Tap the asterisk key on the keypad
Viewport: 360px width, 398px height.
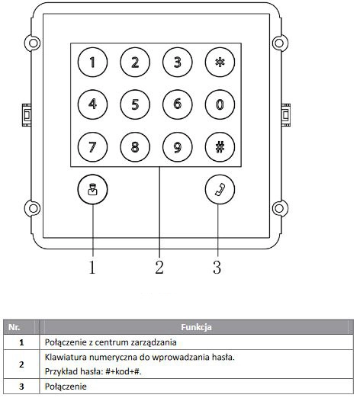(220, 62)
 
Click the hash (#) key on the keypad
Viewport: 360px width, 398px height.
(220, 147)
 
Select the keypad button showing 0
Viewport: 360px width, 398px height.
(220, 104)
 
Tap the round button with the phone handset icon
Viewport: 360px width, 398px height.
(220, 189)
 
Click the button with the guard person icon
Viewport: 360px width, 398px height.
(92, 189)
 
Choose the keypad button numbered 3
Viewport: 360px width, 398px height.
(178, 62)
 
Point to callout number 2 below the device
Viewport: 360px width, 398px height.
(159, 267)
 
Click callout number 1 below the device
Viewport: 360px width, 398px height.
(92, 267)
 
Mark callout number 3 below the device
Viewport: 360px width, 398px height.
(217, 267)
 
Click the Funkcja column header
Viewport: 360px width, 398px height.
(196, 327)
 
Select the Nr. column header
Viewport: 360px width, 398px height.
(14, 327)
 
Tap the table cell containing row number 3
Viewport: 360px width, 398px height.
(21, 387)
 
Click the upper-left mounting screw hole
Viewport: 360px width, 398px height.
(33, 43)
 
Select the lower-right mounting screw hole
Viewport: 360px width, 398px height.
(279, 208)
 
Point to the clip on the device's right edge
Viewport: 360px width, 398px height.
(286, 115)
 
